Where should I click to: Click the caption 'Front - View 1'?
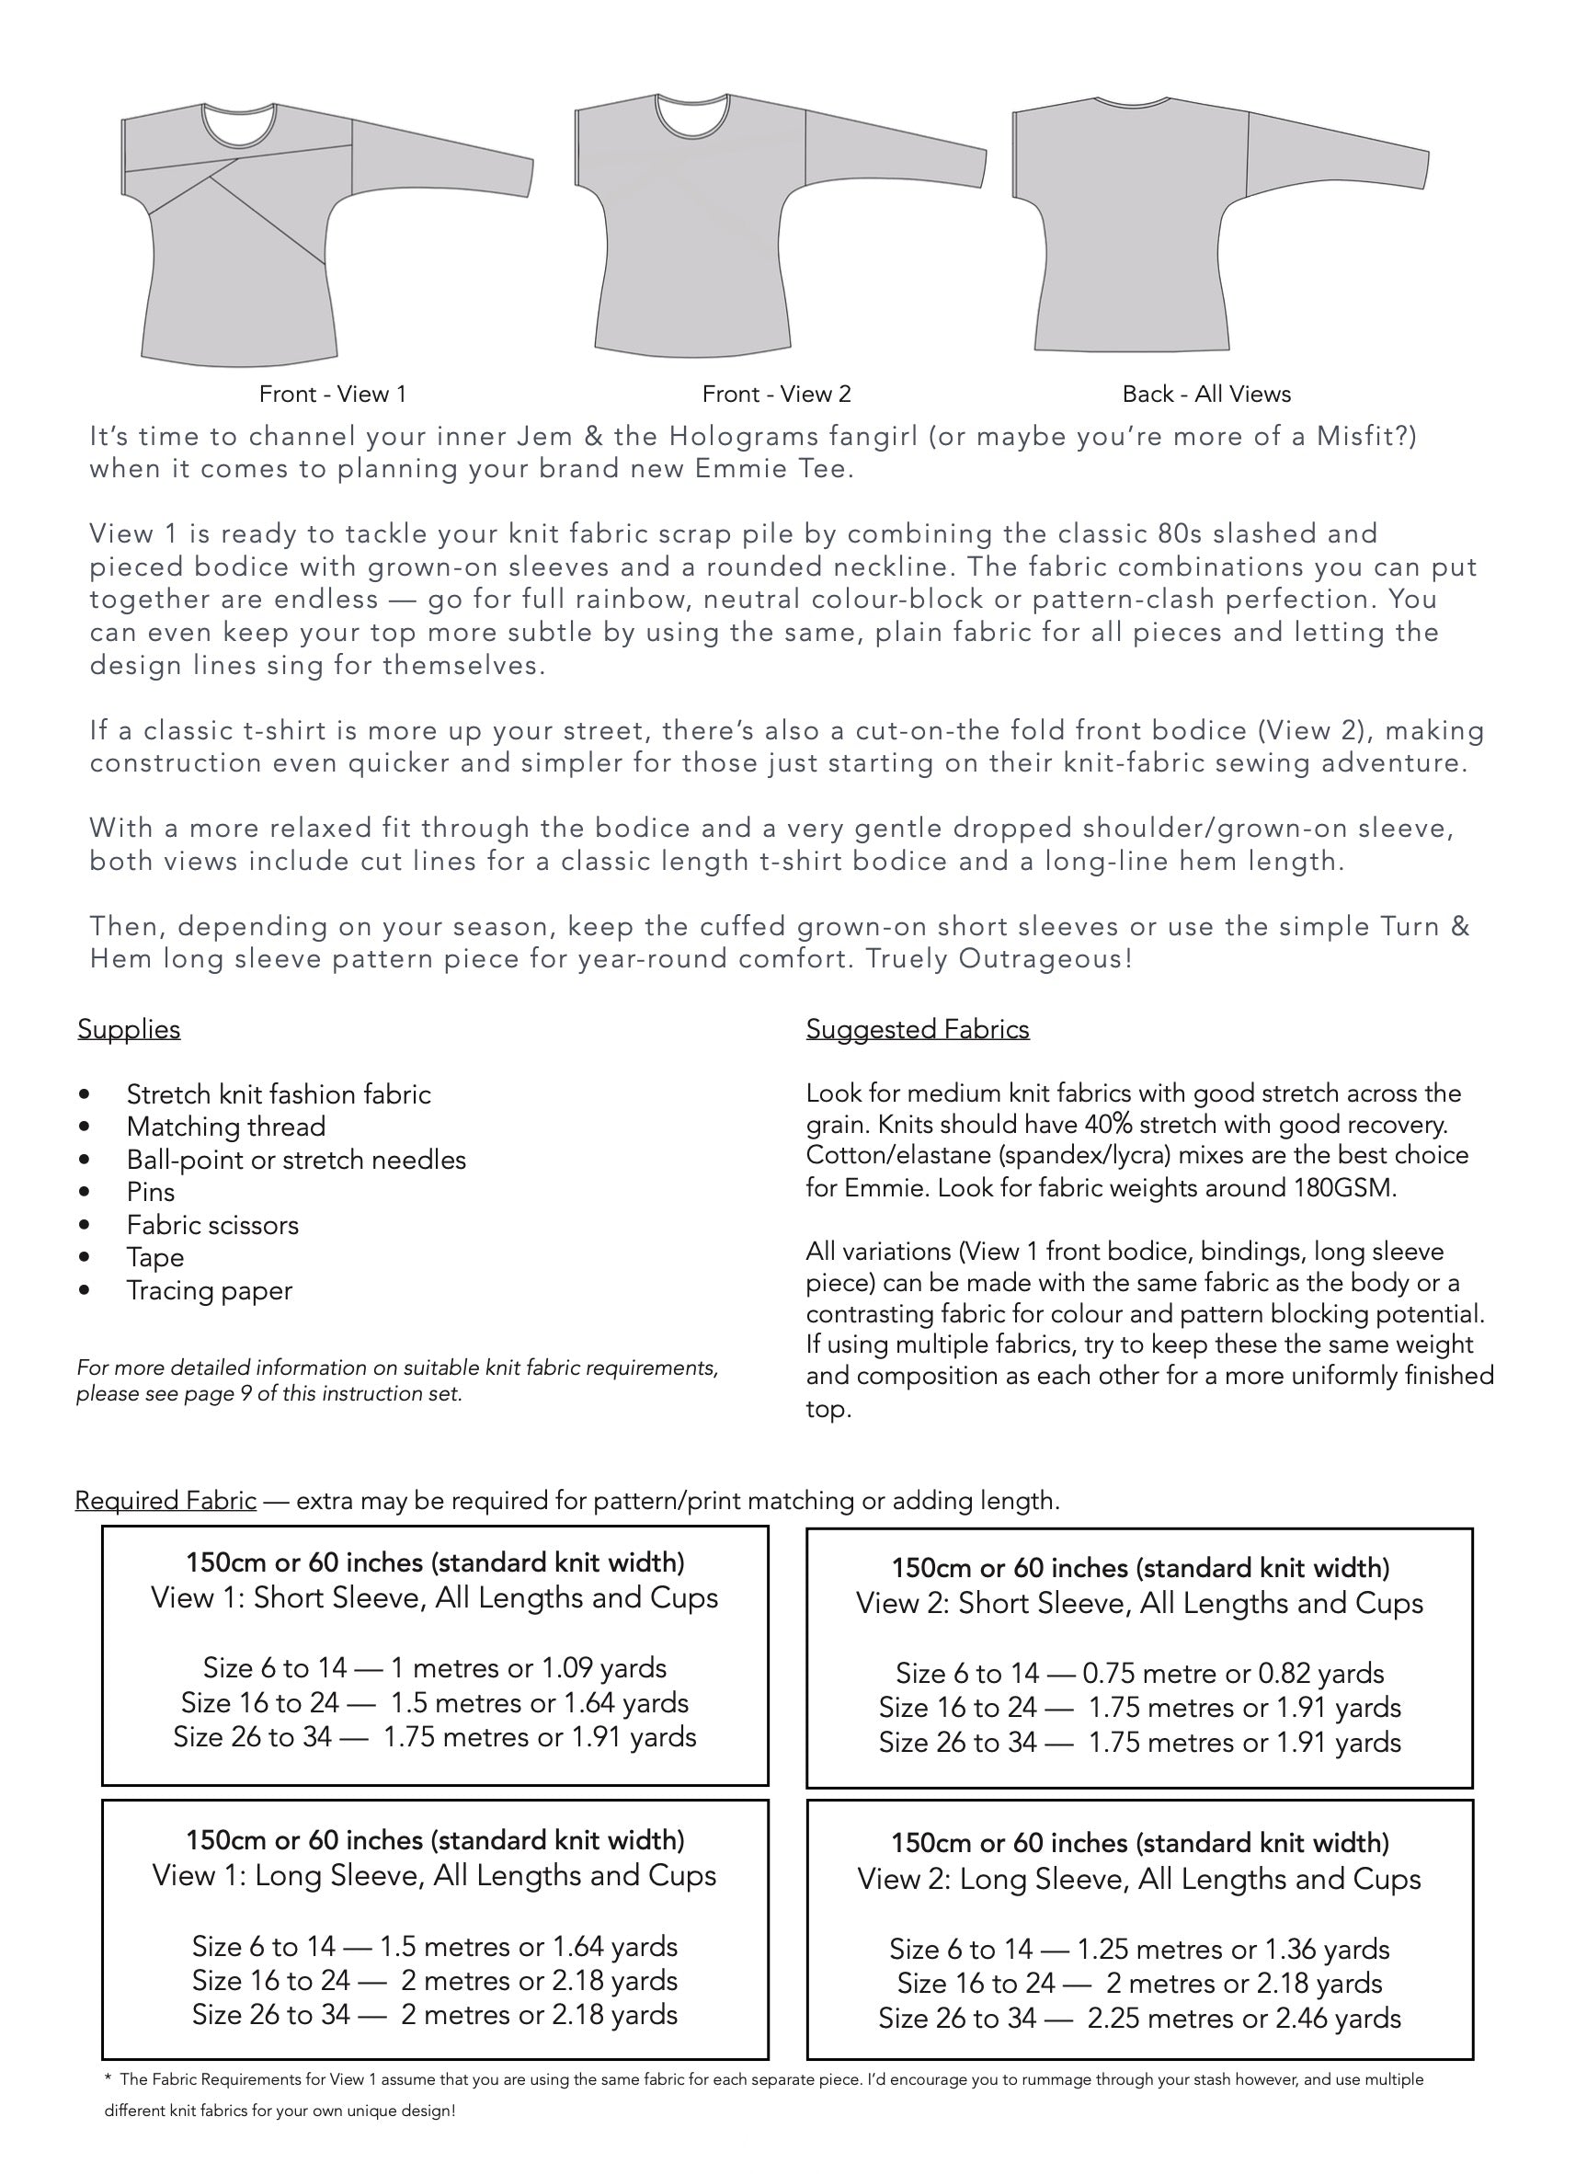point(332,394)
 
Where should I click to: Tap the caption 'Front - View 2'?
point(776,394)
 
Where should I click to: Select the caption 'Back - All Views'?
point(1205,394)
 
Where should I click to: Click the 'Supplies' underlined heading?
point(129,1029)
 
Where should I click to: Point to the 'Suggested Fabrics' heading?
point(918,1029)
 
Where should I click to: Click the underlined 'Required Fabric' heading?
point(166,1501)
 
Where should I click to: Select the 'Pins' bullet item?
point(151,1192)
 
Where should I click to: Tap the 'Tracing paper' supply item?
point(210,1290)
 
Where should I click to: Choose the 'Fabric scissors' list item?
point(212,1225)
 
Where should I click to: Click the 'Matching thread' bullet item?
point(226,1126)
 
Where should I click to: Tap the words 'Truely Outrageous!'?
point(999,959)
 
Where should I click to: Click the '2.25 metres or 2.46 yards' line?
point(1243,2019)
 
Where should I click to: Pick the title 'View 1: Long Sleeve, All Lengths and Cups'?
point(434,1875)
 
